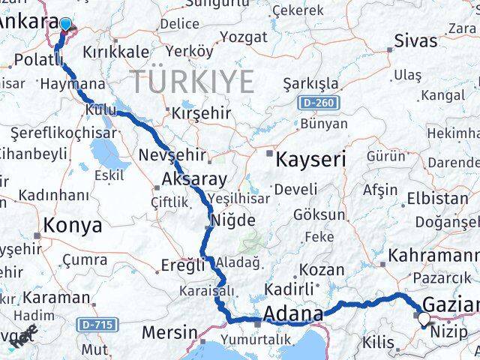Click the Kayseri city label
pyautogui.click(x=310, y=159)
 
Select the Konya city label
pyautogui.click(x=73, y=225)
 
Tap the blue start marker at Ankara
pyautogui.click(x=65, y=25)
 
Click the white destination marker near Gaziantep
pyautogui.click(x=424, y=319)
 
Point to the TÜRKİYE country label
pyautogui.click(x=193, y=79)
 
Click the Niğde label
pyautogui.click(x=235, y=220)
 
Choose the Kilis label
pyautogui.click(x=377, y=342)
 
